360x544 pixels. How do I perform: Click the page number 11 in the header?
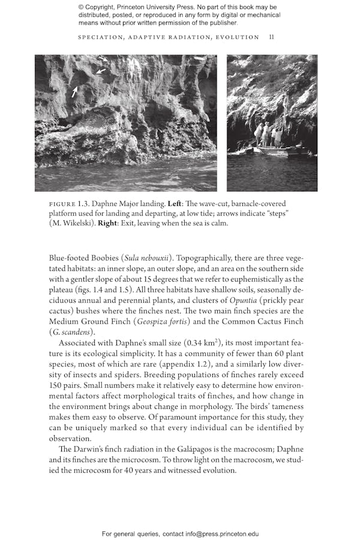[x=272, y=37]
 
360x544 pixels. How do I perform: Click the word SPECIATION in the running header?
[x=101, y=37]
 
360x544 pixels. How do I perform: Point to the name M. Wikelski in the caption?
[x=71, y=223]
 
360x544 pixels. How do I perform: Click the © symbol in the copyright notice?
[x=82, y=7]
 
